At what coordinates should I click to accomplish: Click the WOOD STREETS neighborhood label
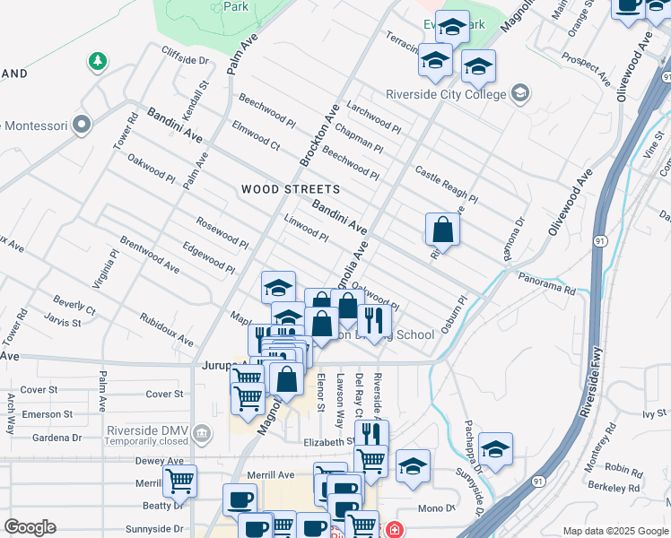click(x=290, y=189)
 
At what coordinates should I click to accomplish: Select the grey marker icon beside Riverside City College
click(x=519, y=92)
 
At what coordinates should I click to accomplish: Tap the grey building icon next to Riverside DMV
click(x=203, y=434)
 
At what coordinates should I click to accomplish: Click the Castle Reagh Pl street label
click(x=446, y=183)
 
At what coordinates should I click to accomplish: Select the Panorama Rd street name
click(x=545, y=284)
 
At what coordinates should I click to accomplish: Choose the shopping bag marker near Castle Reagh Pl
click(x=443, y=230)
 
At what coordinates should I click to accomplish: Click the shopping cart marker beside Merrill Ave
click(x=179, y=482)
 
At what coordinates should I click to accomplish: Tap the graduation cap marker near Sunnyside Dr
click(x=494, y=448)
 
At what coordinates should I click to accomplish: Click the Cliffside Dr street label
click(x=185, y=60)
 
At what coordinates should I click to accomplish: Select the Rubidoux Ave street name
click(x=166, y=329)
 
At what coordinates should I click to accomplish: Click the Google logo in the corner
click(x=30, y=527)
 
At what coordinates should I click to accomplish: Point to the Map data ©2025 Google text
click(x=614, y=531)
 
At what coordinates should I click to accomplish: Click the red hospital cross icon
click(x=393, y=530)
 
